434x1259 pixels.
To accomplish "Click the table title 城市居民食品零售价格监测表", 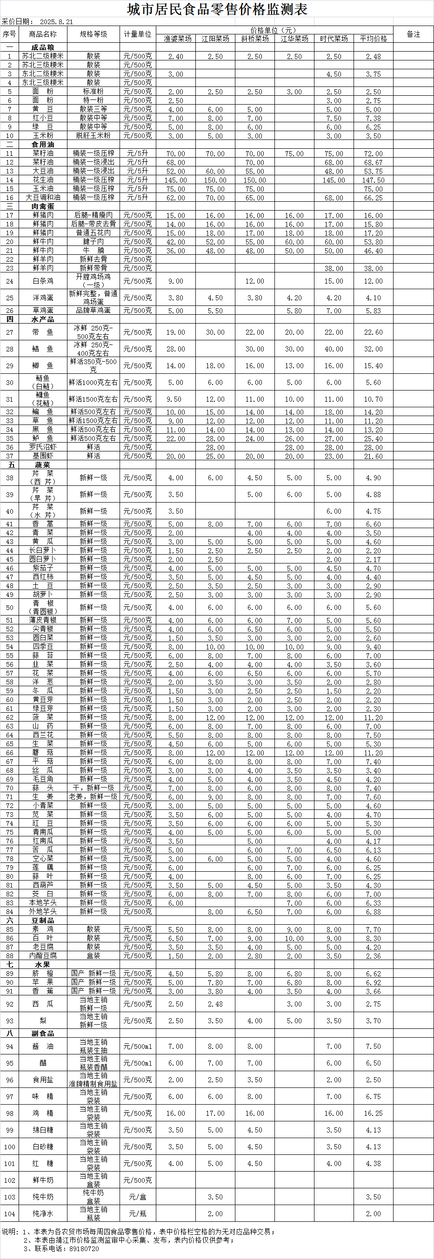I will (217, 9).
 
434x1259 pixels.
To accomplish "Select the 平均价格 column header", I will (374, 39).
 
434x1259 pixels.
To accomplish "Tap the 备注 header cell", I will (414, 34).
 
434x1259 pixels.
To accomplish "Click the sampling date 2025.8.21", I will (56, 22).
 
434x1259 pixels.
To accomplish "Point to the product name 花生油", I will (43, 180).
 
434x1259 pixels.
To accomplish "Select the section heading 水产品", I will (43, 319).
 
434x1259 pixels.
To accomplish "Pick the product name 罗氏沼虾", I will (43, 447).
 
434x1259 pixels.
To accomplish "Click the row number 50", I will (9, 608).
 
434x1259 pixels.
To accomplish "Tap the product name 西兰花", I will (43, 735).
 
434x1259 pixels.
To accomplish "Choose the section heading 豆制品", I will (43, 920).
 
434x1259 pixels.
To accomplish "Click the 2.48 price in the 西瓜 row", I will (215, 1004).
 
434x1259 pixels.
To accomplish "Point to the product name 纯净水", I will (43, 1213).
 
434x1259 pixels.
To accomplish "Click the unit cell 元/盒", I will (137, 1197).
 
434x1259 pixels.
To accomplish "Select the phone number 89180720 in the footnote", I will (84, 1248).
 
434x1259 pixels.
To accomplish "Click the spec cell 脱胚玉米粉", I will (93, 136).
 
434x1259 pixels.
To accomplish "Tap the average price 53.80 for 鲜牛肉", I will (374, 242).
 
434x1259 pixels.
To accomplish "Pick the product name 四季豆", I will (43, 647).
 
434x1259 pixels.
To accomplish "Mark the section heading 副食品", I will (43, 1034).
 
